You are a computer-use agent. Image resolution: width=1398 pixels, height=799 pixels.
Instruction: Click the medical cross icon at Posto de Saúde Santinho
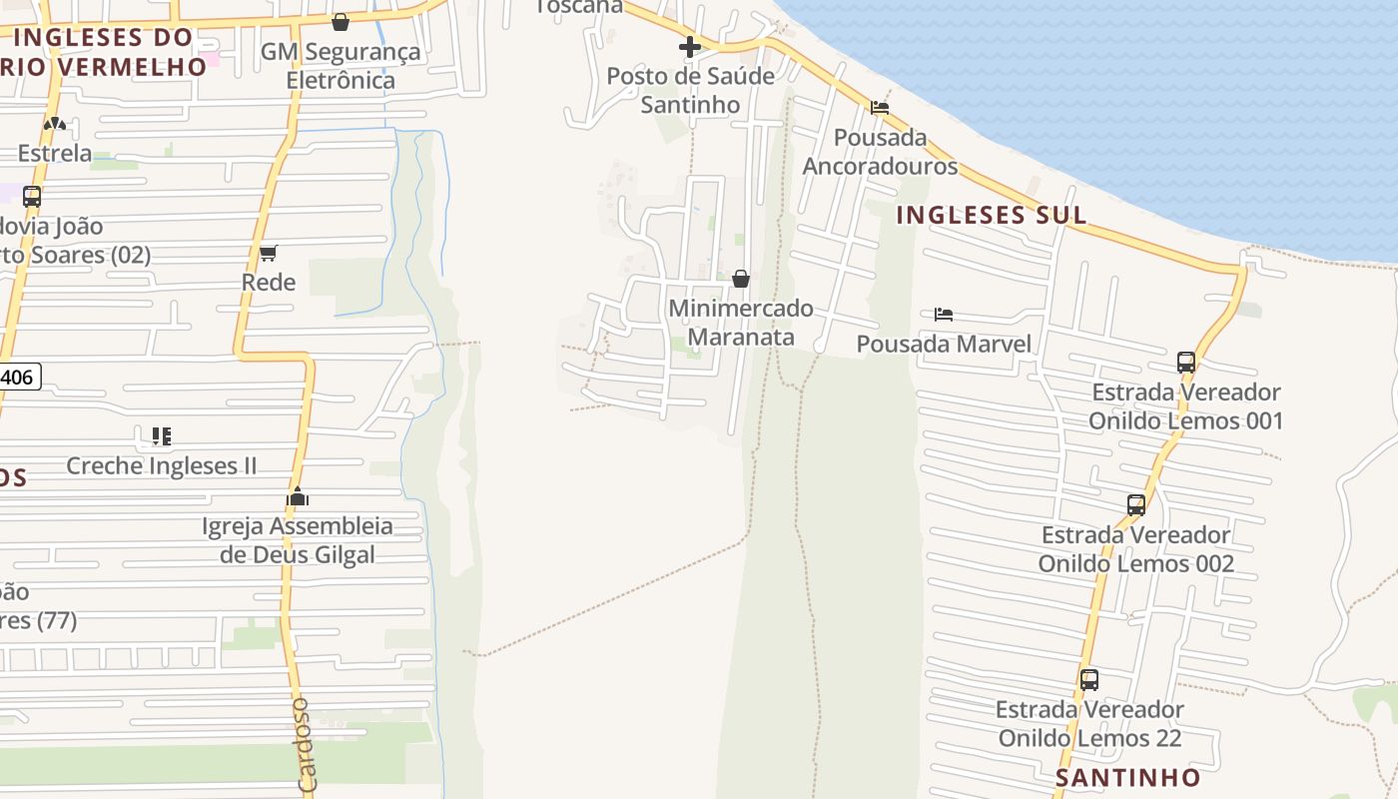pyautogui.click(x=689, y=46)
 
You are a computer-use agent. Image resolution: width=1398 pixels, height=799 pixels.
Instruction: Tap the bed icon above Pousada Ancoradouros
pyautogui.click(x=880, y=108)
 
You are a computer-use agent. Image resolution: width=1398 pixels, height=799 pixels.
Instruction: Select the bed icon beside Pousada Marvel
pyautogui.click(x=944, y=315)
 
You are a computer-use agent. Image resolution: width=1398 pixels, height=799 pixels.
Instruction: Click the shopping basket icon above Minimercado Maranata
pyautogui.click(x=741, y=279)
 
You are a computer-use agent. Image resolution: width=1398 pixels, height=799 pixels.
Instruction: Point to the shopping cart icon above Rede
pyautogui.click(x=268, y=254)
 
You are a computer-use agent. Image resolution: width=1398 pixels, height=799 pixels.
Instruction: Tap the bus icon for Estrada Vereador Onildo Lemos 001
pyautogui.click(x=1186, y=363)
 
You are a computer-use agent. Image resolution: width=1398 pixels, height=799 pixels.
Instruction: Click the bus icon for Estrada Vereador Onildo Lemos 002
pyautogui.click(x=1136, y=505)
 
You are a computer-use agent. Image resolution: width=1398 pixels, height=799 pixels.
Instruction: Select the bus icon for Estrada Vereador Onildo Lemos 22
pyautogui.click(x=1089, y=680)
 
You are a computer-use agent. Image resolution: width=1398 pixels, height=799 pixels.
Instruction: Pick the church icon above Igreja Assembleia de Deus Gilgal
pyautogui.click(x=298, y=496)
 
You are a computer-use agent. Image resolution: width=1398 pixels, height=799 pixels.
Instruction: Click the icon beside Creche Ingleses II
pyautogui.click(x=162, y=436)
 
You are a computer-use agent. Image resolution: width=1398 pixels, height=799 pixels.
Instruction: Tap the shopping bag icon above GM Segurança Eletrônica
pyautogui.click(x=341, y=22)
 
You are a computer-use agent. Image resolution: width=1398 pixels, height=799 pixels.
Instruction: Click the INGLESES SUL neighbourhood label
pyautogui.click(x=991, y=215)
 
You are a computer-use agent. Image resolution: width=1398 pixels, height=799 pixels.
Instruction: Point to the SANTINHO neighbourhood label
pyautogui.click(x=1128, y=777)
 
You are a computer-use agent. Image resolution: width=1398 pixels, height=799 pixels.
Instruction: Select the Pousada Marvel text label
pyautogui.click(x=944, y=345)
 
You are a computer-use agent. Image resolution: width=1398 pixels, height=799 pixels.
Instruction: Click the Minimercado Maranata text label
pyautogui.click(x=741, y=323)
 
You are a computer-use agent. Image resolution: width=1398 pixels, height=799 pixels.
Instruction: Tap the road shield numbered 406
pyautogui.click(x=18, y=378)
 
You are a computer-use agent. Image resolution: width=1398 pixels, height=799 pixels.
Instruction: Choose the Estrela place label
pyautogui.click(x=55, y=154)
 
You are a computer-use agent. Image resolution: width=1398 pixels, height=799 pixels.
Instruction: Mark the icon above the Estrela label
pyautogui.click(x=55, y=125)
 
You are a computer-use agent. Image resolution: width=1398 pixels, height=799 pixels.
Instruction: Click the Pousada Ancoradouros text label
pyautogui.click(x=880, y=151)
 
